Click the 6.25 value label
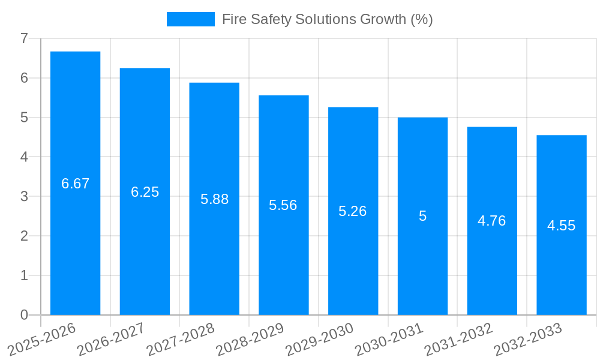(x=145, y=192)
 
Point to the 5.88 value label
(x=214, y=199)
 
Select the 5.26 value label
(x=353, y=211)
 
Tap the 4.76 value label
(x=492, y=221)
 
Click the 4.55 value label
(x=562, y=226)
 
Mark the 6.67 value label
(x=75, y=184)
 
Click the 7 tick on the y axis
(x=24, y=38)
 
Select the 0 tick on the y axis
(x=24, y=315)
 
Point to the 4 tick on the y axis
(x=24, y=157)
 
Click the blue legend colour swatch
(x=190, y=19)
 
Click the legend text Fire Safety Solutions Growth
(x=327, y=19)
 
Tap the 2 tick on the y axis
(x=24, y=236)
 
